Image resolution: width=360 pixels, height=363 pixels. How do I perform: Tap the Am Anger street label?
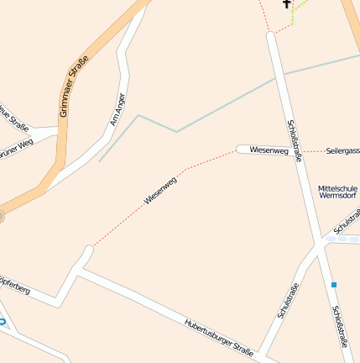tap(117, 109)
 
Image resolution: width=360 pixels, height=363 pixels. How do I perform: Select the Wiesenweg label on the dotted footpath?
tap(160, 191)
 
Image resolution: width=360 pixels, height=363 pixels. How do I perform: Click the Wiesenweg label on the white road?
tap(269, 150)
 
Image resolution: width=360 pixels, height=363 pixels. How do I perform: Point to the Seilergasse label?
tap(343, 150)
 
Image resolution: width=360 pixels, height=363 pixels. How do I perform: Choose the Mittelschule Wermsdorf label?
tap(337, 192)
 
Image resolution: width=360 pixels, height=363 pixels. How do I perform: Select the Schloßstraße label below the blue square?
tap(339, 325)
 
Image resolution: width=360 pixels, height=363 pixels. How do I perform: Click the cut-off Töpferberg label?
tap(15, 285)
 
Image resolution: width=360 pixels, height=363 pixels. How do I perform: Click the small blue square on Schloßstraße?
tap(334, 285)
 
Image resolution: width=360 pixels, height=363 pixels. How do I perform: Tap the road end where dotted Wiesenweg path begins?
tap(87, 250)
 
